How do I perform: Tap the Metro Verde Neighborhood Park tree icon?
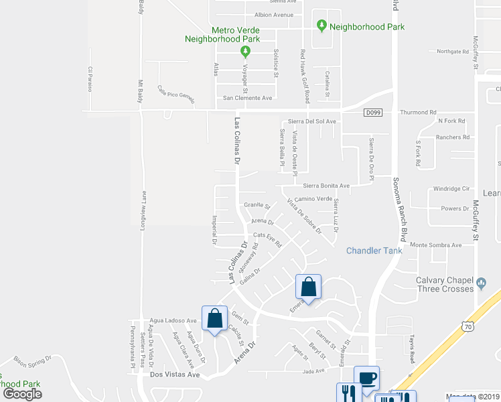pyautogui.click(x=246, y=51)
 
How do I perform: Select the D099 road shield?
pyautogui.click(x=374, y=113)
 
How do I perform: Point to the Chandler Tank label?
pyautogui.click(x=374, y=251)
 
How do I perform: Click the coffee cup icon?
pyautogui.click(x=366, y=378)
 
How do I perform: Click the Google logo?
pyautogui.click(x=23, y=394)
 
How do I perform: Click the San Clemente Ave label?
pyautogui.click(x=247, y=98)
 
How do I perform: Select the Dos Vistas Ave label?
pyautogui.click(x=175, y=375)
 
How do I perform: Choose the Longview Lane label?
pyautogui.click(x=143, y=211)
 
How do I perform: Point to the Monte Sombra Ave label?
pyautogui.click(x=436, y=245)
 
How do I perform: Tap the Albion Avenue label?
pyautogui.click(x=274, y=15)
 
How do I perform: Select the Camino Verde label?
pyautogui.click(x=313, y=199)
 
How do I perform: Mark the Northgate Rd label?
pyautogui.click(x=452, y=52)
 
